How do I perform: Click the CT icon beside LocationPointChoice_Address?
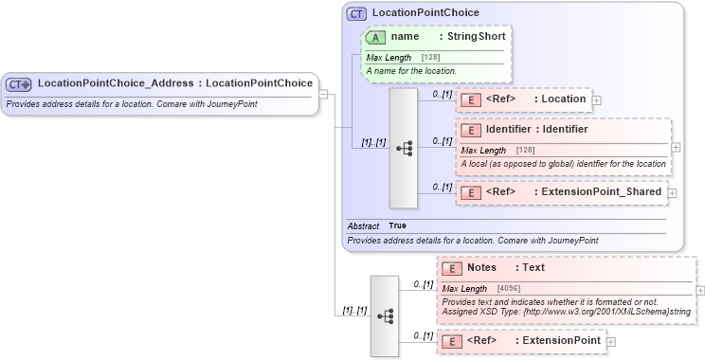click(19, 84)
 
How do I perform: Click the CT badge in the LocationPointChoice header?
click(356, 14)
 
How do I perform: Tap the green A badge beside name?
click(374, 37)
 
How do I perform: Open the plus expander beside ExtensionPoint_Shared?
click(672, 192)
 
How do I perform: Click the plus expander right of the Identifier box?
click(676, 147)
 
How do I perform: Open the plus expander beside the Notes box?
click(700, 290)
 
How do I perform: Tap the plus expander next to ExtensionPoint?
click(611, 341)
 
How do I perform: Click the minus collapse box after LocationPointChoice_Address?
click(323, 94)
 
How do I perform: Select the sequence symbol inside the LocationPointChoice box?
click(403, 148)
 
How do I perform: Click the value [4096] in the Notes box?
click(507, 288)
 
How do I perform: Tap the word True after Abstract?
click(397, 225)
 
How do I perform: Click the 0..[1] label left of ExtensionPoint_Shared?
click(442, 186)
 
